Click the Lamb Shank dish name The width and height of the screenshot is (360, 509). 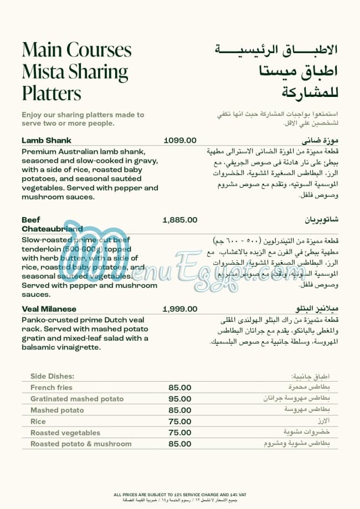pos(47,141)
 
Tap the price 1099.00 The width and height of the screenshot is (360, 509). pos(180,141)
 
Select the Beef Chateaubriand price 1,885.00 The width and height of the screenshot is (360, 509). pos(180,220)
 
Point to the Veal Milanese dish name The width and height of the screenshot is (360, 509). pos(49,309)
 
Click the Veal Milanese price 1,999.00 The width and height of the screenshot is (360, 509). pos(180,309)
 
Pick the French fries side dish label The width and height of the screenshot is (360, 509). pos(52,388)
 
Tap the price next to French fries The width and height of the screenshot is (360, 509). pos(180,388)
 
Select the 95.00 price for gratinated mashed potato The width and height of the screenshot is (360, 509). pos(180,399)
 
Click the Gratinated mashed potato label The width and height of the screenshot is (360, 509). pos(77,399)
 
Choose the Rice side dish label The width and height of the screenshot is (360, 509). pos(38,421)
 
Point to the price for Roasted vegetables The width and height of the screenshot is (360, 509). pos(180,433)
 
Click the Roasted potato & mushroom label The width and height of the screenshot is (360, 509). pos(81,444)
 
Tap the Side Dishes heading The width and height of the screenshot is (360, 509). pos(52,377)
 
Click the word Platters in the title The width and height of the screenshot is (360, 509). pos(52,92)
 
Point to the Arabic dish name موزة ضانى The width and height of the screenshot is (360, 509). pos(321,141)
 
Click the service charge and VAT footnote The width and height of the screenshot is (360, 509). pos(180,493)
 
